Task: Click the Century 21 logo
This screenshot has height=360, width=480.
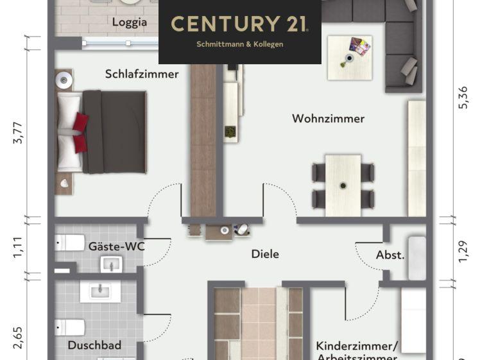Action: [239, 24]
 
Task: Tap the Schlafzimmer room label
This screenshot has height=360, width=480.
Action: [142, 74]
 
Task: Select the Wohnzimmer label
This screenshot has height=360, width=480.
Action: [328, 118]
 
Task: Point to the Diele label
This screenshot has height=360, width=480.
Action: [265, 254]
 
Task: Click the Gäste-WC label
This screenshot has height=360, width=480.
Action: [117, 246]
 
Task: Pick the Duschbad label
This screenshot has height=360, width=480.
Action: [94, 345]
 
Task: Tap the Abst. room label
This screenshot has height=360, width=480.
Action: [390, 255]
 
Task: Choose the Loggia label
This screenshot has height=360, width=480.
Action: [130, 22]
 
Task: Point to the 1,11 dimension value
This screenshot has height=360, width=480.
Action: [18, 249]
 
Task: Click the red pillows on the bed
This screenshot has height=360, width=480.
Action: [80, 132]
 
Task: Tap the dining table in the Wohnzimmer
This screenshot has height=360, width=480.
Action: [343, 185]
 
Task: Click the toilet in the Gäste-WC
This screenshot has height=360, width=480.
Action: [70, 243]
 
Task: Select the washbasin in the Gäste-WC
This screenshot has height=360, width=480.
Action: [110, 263]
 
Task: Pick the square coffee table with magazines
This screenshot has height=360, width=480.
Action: [350, 57]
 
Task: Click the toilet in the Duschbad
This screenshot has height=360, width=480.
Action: [69, 327]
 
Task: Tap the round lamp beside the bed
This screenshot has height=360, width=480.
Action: [63, 80]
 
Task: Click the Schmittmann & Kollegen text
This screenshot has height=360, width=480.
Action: [239, 44]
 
